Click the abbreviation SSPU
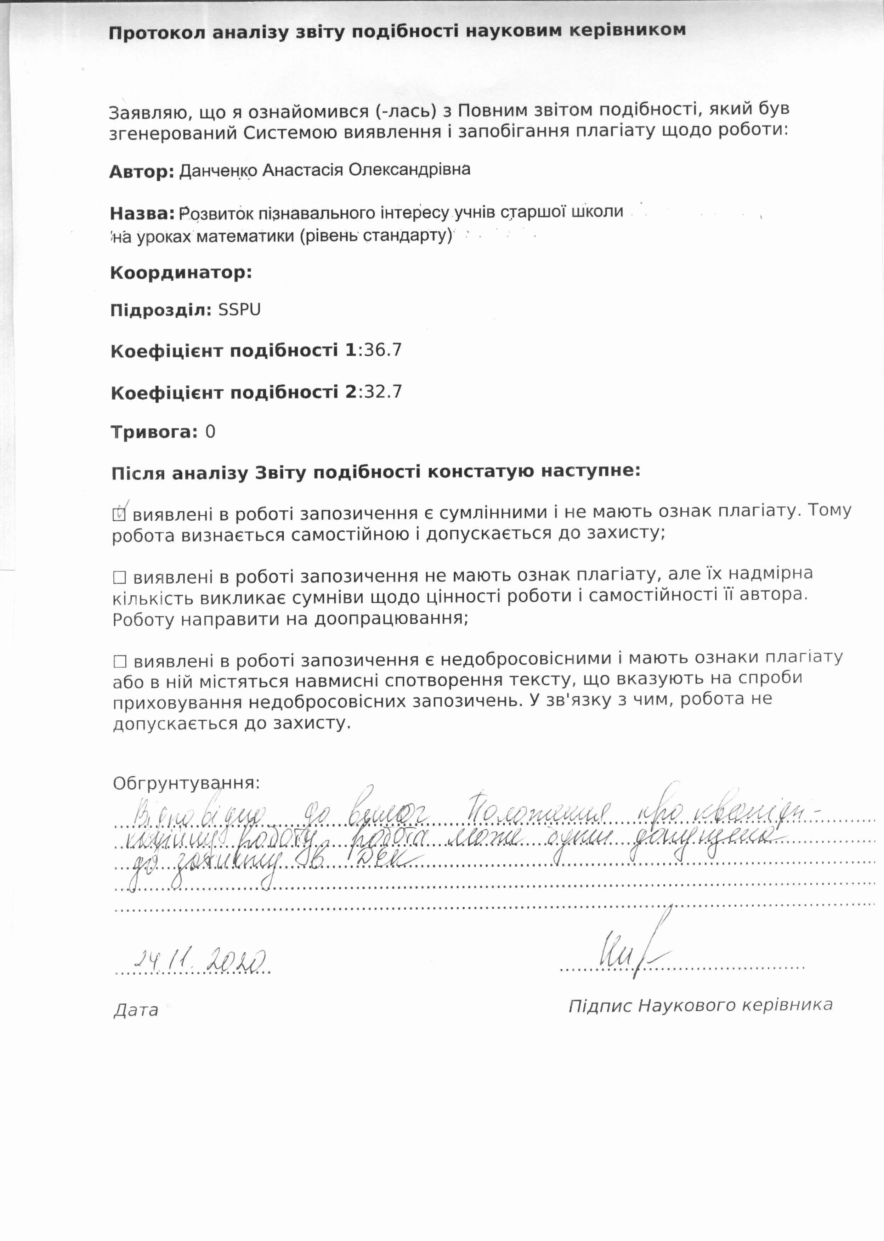pos(239,310)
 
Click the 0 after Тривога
pos(210,432)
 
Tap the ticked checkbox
pos(119,513)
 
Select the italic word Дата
pos(136,1010)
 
